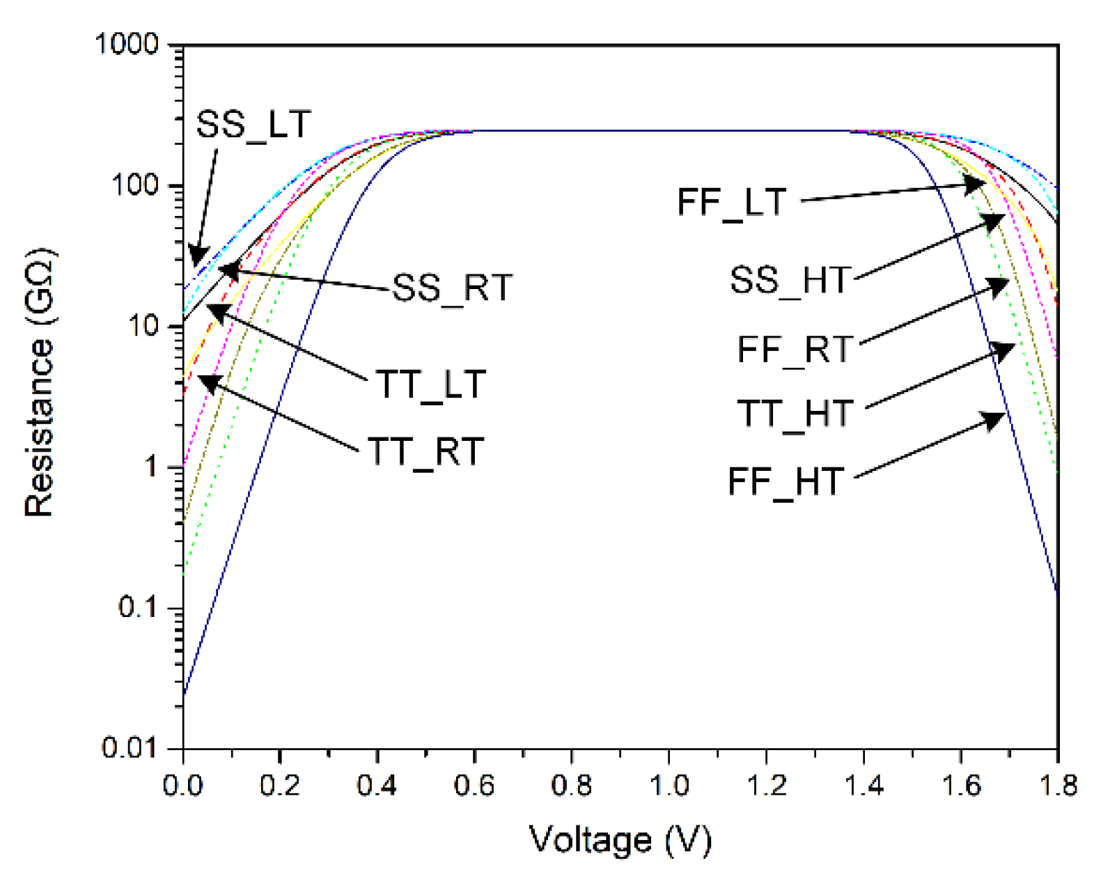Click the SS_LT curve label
(x=253, y=125)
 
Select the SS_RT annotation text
(x=452, y=288)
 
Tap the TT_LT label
(x=430, y=384)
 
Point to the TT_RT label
(x=425, y=451)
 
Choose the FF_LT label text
(x=731, y=203)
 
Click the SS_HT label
(x=790, y=280)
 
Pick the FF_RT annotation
(x=795, y=349)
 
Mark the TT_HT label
(x=795, y=414)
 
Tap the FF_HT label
(x=786, y=481)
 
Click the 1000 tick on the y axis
(x=127, y=44)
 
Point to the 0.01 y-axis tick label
(x=130, y=747)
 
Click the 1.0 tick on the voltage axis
(x=669, y=786)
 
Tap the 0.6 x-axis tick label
(x=474, y=786)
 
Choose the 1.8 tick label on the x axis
(x=1058, y=786)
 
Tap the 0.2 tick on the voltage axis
(x=279, y=786)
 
